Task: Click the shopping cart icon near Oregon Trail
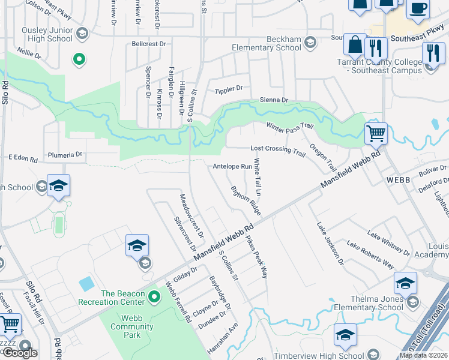tap(376, 133)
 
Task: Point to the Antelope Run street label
tap(232, 166)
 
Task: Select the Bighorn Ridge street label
tap(246, 200)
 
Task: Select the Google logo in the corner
tap(20, 353)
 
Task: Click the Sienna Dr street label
tap(274, 100)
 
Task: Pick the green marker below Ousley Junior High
tap(78, 59)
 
